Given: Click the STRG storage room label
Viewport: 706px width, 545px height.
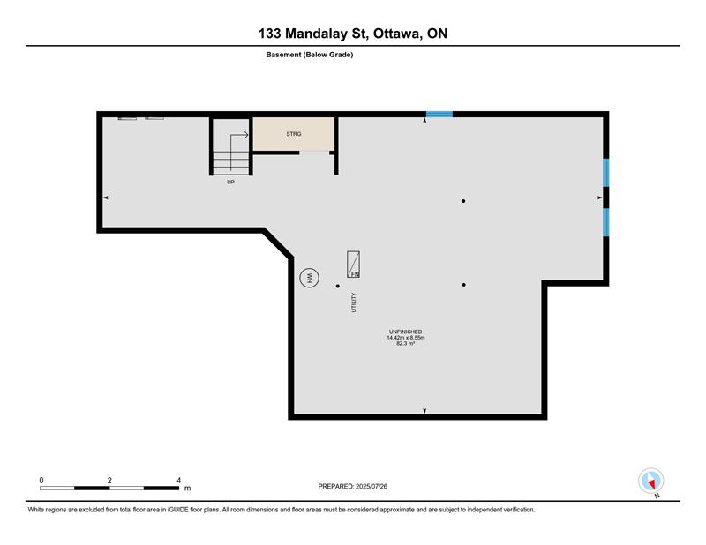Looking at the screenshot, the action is [294, 134].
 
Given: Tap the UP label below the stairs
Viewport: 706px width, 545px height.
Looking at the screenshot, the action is [230, 182].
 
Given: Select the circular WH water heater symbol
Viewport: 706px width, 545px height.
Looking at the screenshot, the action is [310, 278].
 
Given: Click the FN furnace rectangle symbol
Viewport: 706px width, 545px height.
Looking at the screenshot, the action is [353, 265].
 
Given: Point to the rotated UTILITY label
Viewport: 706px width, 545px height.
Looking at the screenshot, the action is [354, 302].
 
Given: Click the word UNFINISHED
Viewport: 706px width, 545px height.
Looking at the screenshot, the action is [406, 332].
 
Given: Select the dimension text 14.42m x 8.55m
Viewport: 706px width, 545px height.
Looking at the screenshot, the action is [406, 338].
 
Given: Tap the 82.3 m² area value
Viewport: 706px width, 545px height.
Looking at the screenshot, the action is [406, 343].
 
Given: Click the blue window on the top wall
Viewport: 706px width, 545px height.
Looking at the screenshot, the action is [439, 115].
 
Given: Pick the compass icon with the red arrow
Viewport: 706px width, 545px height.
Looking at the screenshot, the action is [651, 481].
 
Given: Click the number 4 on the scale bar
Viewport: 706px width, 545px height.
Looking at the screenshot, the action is [179, 481].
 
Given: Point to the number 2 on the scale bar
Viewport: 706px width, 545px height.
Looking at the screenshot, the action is [109, 481].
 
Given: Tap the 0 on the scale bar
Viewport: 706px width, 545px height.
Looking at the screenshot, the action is [41, 481].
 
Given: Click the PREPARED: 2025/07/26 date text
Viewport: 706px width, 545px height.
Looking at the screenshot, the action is [352, 486].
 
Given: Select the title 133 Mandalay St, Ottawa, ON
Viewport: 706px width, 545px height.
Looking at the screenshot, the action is [353, 34].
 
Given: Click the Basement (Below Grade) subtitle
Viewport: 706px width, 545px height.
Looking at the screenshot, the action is [310, 55].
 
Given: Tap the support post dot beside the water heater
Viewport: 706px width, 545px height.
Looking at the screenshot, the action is [338, 286].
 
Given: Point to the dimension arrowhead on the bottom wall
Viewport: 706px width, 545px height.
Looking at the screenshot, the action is [424, 410].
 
